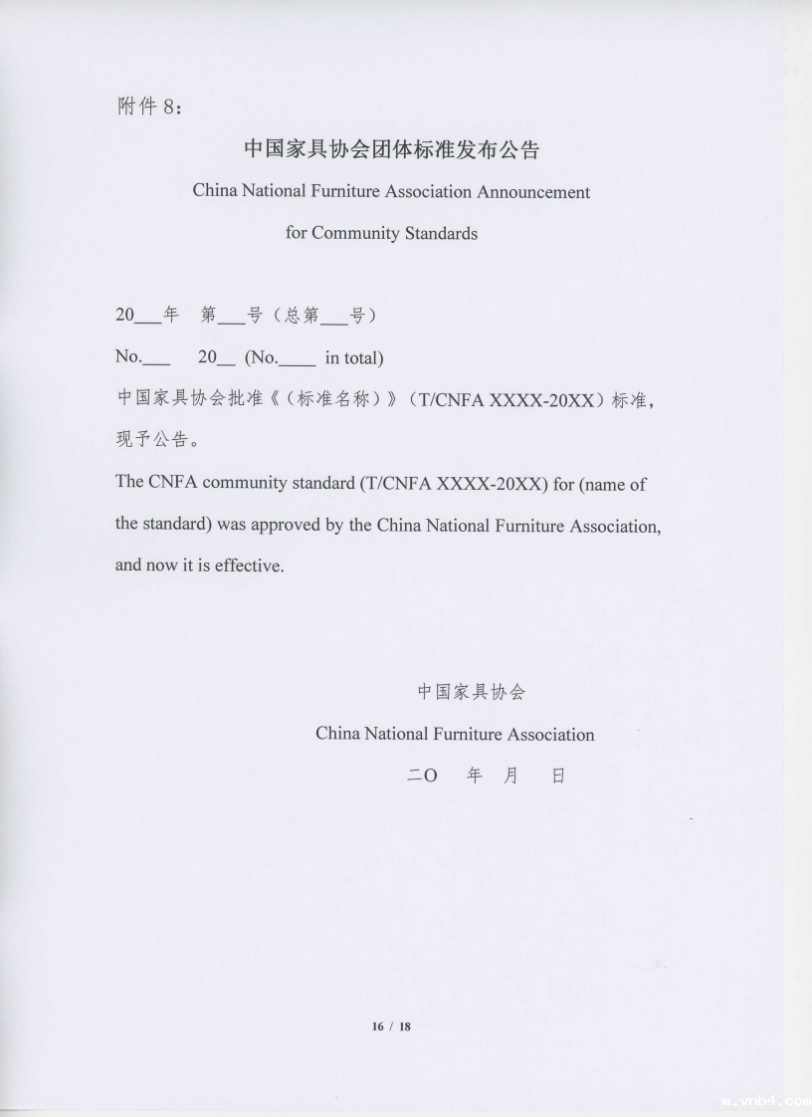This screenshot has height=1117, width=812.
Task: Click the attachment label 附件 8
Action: pos(149,108)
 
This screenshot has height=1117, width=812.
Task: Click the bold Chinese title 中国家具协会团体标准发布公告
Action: pos(391,149)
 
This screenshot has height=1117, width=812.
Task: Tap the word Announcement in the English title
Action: pos(532,191)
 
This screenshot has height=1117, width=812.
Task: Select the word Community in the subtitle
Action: pos(356,233)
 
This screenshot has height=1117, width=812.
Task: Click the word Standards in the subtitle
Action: pos(441,233)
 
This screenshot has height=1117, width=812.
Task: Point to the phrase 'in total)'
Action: pos(353,357)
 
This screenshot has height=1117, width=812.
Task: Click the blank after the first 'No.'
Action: pos(156,360)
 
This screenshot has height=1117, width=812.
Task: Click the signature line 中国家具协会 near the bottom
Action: pos(471,692)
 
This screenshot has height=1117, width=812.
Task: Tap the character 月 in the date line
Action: pos(510,776)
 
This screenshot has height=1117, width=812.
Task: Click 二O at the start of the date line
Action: pos(422,776)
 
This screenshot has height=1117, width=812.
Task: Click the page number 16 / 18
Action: pos(391,1026)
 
